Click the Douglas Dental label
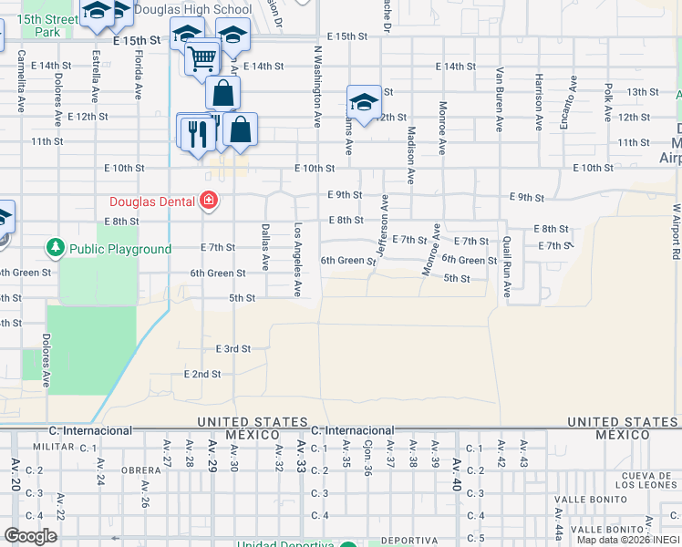click(x=152, y=201)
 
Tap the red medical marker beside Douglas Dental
click(x=209, y=201)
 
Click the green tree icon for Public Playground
click(x=56, y=248)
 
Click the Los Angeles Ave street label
click(x=297, y=260)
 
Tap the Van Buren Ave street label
click(x=500, y=100)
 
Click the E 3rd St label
click(x=233, y=349)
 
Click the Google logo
click(x=30, y=536)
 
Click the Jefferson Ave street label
click(x=383, y=225)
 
